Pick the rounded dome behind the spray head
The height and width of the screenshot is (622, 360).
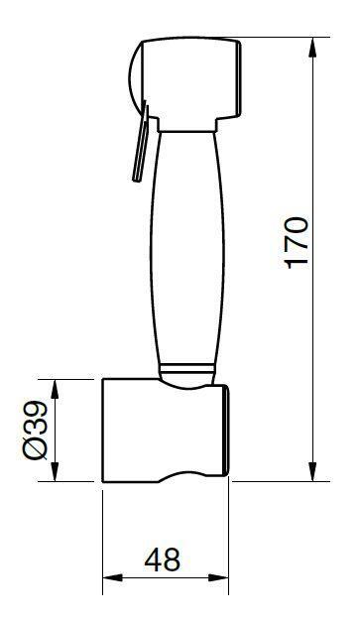point(135,79)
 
